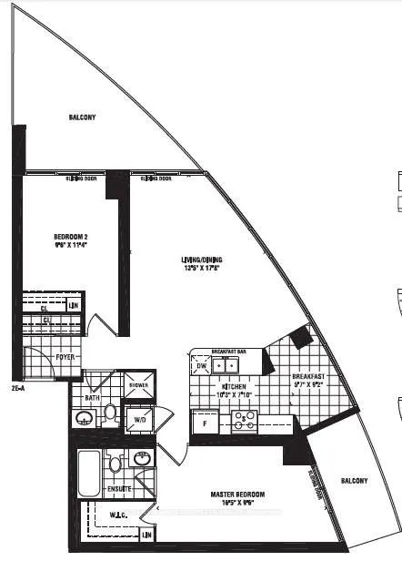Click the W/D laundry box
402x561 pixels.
140,420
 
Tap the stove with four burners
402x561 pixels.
244,420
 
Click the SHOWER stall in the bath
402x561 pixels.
139,383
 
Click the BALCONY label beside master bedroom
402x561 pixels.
356,480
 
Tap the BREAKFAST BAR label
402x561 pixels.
228,351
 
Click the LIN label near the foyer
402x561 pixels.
73,304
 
